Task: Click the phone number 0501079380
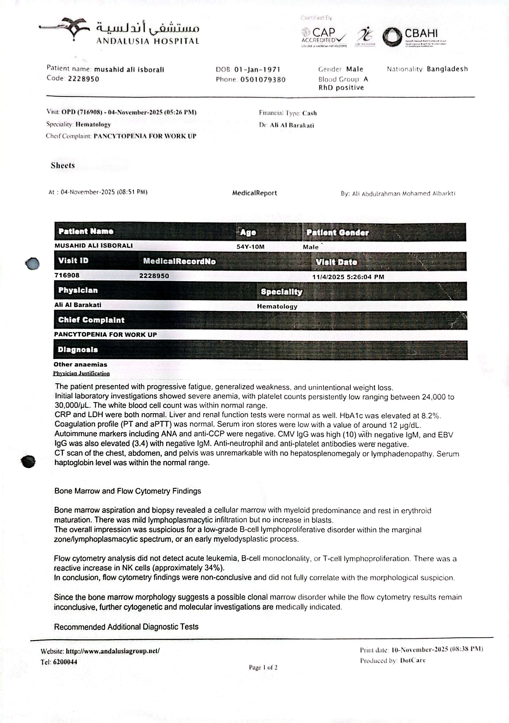click(263, 80)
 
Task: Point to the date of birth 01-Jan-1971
click(257, 70)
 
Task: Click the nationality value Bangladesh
click(447, 69)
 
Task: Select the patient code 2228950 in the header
click(83, 79)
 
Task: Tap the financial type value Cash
click(310, 113)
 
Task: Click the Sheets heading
click(63, 166)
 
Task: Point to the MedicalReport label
click(255, 193)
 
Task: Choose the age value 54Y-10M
click(251, 247)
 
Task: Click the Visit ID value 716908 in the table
click(67, 275)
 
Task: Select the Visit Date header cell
click(336, 262)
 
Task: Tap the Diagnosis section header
click(78, 349)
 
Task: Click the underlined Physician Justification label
click(81, 374)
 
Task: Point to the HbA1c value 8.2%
click(430, 416)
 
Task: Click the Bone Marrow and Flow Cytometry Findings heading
click(127, 491)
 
